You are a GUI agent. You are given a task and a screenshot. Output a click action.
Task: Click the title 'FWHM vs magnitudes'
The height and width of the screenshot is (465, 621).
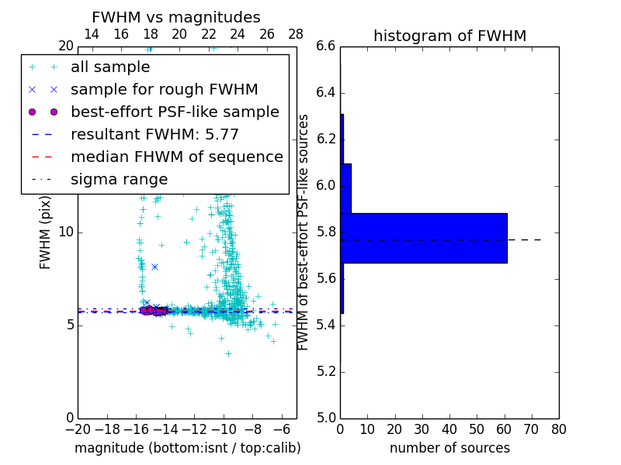pyautogui.click(x=176, y=18)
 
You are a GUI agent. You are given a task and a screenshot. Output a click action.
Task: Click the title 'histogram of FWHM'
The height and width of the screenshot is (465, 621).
pyautogui.click(x=449, y=36)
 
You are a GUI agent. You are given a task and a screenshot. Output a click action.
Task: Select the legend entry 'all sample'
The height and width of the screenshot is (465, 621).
pyautogui.click(x=110, y=67)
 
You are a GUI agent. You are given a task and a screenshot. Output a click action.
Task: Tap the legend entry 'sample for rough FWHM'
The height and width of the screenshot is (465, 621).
pyautogui.click(x=164, y=90)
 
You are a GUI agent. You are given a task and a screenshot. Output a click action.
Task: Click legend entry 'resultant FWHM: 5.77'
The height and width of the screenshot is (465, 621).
pyautogui.click(x=154, y=134)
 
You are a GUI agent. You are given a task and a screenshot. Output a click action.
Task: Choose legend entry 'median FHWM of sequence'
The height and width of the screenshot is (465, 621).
pyautogui.click(x=176, y=157)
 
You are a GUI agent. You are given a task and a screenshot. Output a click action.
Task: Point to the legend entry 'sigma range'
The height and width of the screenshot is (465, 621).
pyautogui.click(x=119, y=180)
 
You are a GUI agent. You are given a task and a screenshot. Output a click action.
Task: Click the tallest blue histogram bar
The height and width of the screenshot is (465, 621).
pyautogui.click(x=423, y=238)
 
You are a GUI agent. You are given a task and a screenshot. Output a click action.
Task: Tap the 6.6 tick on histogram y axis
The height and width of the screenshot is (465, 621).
pyautogui.click(x=326, y=46)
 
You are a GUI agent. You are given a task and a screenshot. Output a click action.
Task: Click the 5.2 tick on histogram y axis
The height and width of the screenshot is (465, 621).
pyautogui.click(x=326, y=372)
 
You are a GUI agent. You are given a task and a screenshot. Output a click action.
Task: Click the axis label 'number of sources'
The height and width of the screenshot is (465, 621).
pyautogui.click(x=449, y=448)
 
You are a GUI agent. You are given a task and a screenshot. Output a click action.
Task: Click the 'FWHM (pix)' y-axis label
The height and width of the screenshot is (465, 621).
pyautogui.click(x=46, y=232)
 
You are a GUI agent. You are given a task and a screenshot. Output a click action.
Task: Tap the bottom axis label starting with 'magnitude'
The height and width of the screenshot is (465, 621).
pyautogui.click(x=187, y=448)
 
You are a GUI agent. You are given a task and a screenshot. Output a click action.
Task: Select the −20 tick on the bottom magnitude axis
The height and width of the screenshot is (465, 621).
pyautogui.click(x=78, y=429)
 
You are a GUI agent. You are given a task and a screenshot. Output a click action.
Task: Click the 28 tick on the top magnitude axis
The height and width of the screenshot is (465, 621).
pyautogui.click(x=296, y=35)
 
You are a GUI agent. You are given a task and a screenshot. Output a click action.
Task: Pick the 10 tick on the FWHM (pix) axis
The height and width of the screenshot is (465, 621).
pyautogui.click(x=66, y=232)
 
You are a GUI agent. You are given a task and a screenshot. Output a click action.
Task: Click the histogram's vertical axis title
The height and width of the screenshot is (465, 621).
pyautogui.click(x=304, y=232)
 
